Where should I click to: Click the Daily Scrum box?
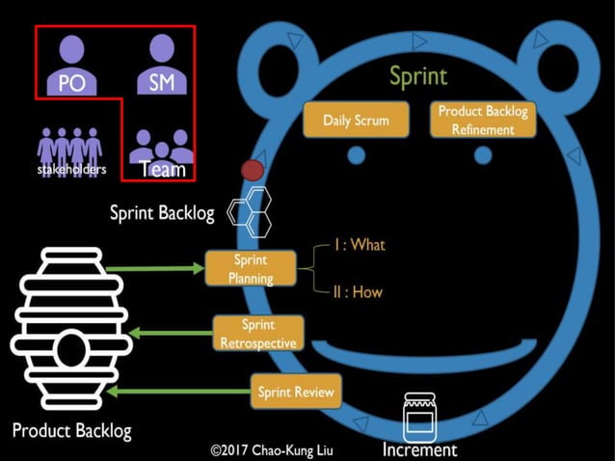click(x=356, y=121)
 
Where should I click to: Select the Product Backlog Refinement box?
click(x=483, y=119)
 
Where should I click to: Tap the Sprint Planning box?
click(x=251, y=269)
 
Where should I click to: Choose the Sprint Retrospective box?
click(x=258, y=334)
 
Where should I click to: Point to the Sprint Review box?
click(x=296, y=392)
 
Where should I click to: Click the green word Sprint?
click(x=418, y=75)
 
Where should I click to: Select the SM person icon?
click(x=162, y=64)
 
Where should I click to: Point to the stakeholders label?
click(x=69, y=170)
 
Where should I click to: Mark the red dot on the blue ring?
click(x=252, y=171)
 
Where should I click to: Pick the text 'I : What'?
click(x=359, y=245)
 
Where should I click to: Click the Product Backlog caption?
click(x=71, y=430)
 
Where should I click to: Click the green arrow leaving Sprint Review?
click(x=177, y=392)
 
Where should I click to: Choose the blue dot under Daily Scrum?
click(x=357, y=154)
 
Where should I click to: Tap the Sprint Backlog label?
click(x=162, y=213)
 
